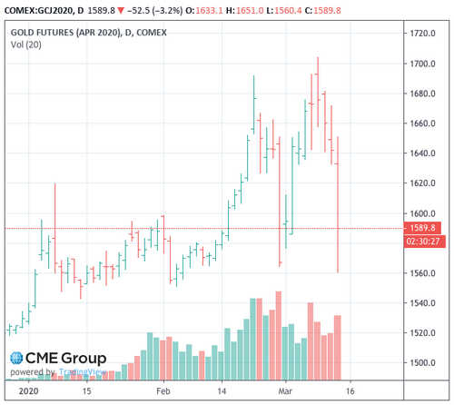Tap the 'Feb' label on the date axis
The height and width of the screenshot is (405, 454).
(163, 391)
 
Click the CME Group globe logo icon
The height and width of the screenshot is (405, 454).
(15, 358)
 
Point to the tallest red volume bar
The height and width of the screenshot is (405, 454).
(278, 335)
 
